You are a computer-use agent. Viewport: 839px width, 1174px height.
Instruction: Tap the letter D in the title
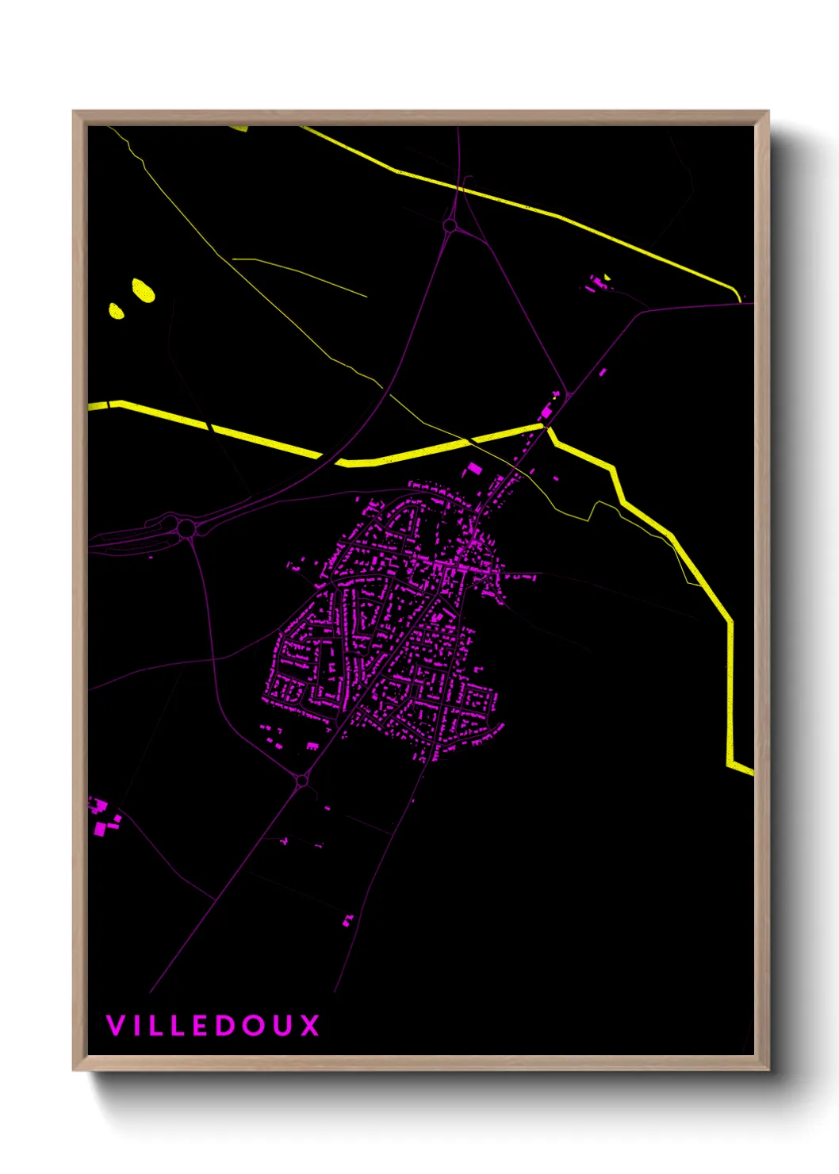point(231,1026)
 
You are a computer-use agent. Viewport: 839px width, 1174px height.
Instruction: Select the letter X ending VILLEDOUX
point(309,1026)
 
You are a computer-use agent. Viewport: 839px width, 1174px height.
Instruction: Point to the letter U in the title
point(282,1026)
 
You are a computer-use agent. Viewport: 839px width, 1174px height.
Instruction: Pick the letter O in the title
point(255,1026)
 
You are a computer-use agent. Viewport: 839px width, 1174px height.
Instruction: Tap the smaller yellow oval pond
point(116,310)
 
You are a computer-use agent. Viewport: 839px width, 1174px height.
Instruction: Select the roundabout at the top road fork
point(450,226)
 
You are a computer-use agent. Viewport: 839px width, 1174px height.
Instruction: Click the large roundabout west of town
point(186,528)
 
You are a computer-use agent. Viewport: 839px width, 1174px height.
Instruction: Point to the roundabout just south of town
point(302,781)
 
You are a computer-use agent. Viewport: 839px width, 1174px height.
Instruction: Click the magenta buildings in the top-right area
point(597,282)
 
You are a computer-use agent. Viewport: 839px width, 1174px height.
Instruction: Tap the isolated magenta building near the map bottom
point(347,920)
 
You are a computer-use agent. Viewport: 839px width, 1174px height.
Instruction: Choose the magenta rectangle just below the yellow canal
point(473,469)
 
